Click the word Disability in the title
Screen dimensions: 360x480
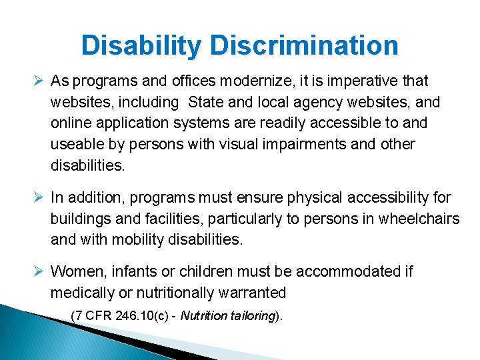click(141, 46)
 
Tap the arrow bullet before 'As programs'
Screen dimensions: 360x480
click(39, 81)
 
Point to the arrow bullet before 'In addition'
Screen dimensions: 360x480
click(39, 197)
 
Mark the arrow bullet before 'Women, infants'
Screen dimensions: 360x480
click(39, 271)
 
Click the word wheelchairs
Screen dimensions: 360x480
click(419, 219)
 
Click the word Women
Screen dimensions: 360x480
click(75, 271)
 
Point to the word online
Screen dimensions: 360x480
click(69, 123)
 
